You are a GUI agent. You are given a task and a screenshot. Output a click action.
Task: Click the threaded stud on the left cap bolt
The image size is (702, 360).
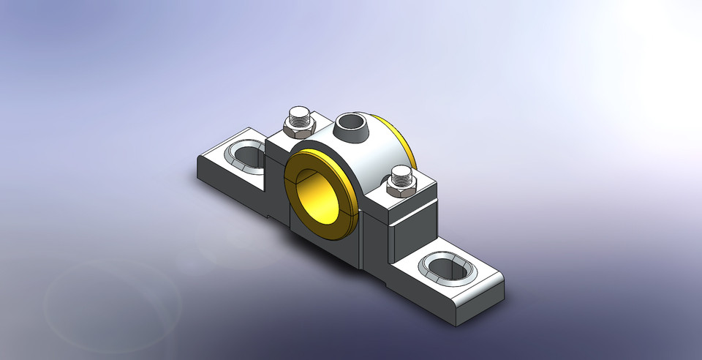300,115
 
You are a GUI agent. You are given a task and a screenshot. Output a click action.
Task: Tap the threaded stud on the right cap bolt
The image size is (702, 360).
400,176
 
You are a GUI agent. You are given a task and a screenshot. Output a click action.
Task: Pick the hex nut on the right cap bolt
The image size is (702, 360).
400,188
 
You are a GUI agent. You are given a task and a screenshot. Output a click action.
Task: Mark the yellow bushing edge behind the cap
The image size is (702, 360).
404,142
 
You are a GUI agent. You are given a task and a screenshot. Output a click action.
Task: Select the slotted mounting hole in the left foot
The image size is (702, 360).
245,154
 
